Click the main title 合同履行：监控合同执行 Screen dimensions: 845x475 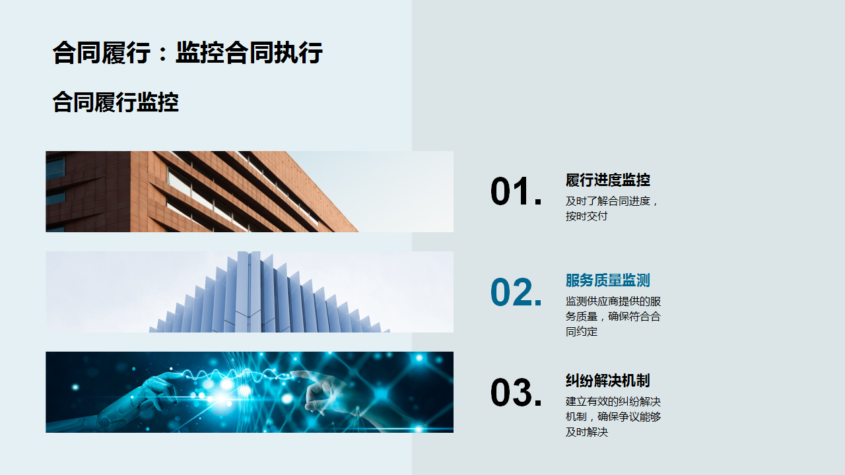tap(187, 52)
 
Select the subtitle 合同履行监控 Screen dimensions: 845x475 tap(116, 102)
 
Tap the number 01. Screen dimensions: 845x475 tap(516, 191)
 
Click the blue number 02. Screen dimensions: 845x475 tap(516, 292)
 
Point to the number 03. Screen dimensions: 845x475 tap(516, 392)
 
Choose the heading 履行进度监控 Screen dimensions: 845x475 tap(608, 180)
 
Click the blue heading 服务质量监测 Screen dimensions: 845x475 tap(608, 280)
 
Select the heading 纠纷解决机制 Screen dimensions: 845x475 tap(608, 381)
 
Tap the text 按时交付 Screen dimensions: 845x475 tap(587, 216)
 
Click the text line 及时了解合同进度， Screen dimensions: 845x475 tap(612, 201)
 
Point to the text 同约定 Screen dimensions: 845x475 tap(582, 331)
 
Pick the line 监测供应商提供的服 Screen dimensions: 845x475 tap(613, 301)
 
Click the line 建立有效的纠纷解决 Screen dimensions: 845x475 tap(613, 402)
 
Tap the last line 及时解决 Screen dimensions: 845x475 tap(587, 431)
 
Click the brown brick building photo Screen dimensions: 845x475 tap(202, 191)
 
